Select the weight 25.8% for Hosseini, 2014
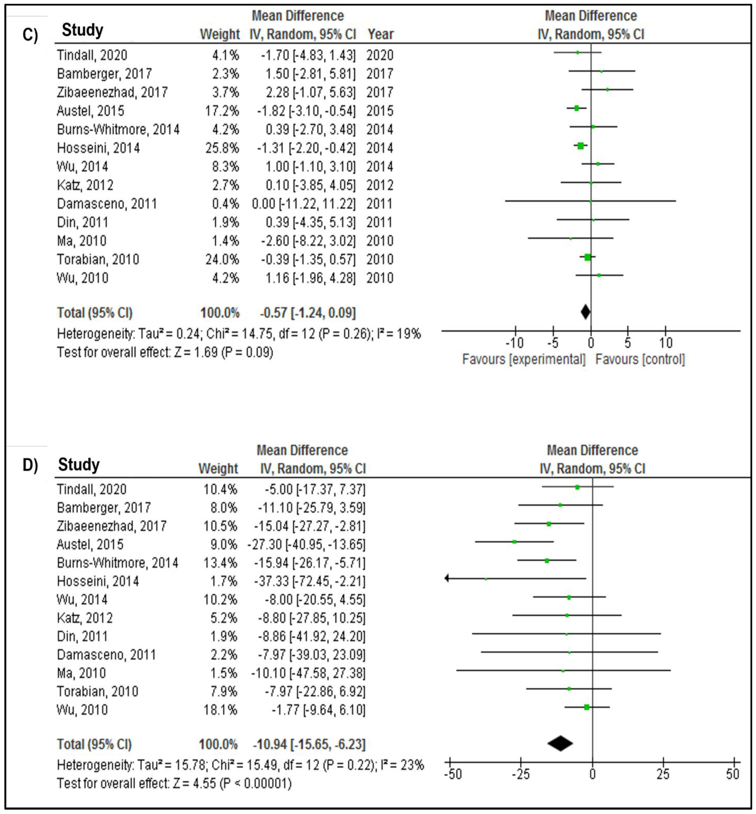click(222, 148)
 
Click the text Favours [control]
click(640, 359)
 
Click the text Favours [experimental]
click(524, 359)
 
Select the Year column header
click(380, 34)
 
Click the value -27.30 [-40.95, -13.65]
click(306, 544)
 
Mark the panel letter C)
click(30, 35)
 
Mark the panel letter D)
click(30, 465)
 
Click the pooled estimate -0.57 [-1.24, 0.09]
click(308, 313)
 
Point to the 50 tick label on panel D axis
click(733, 774)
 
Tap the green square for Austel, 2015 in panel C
click(576, 108)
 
